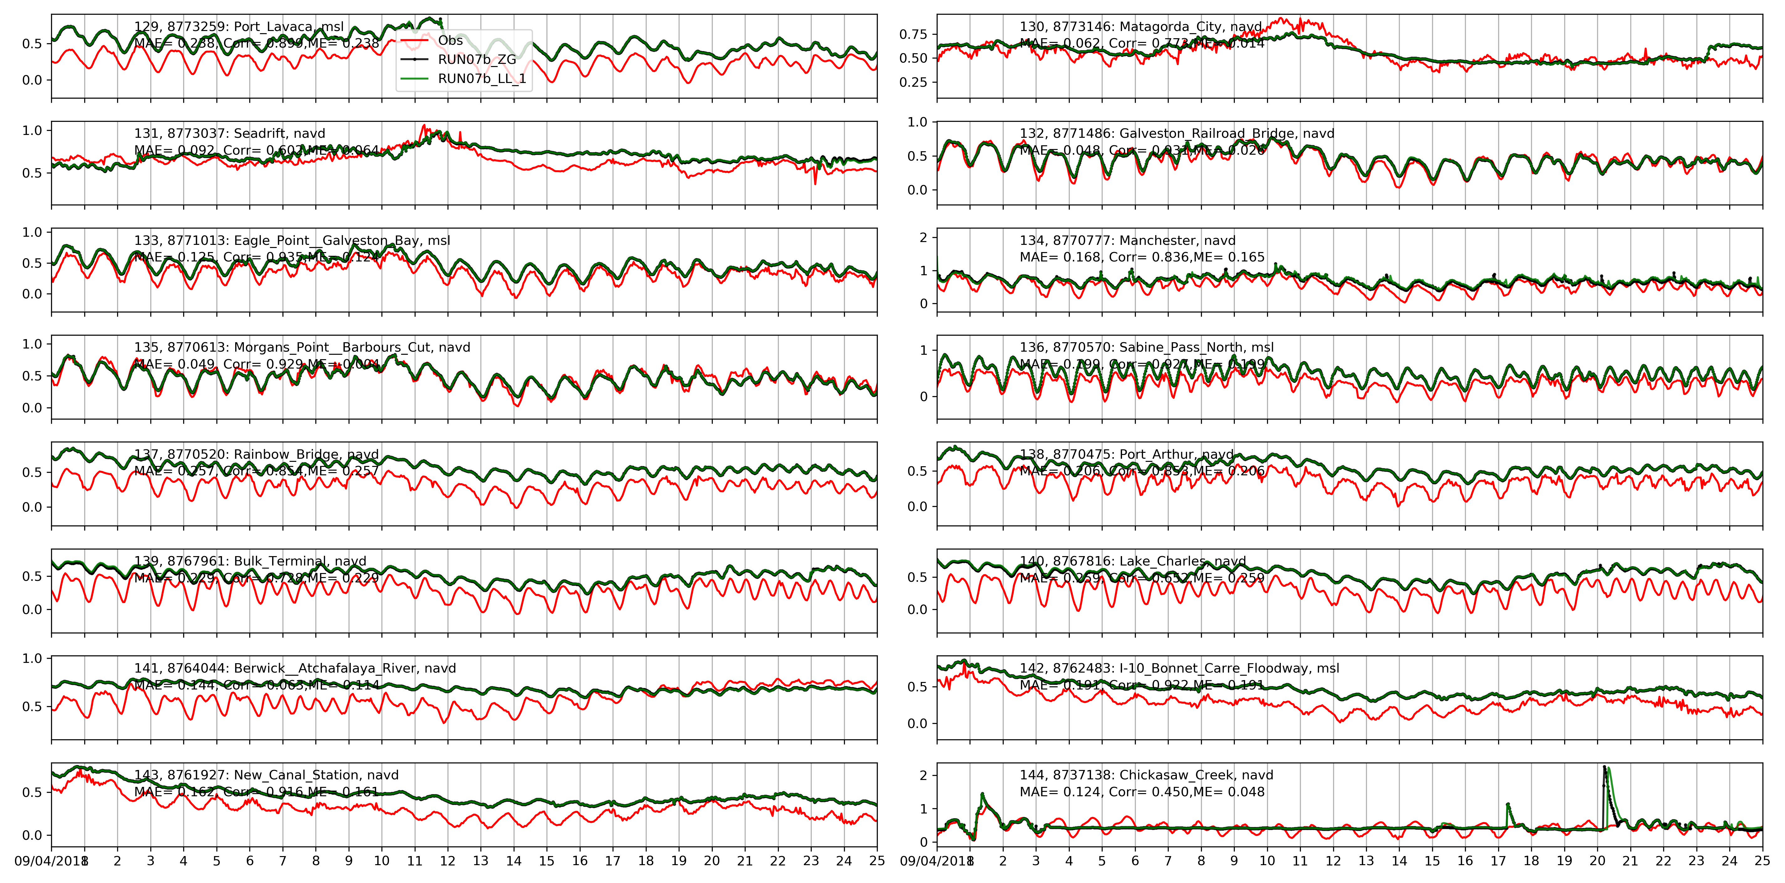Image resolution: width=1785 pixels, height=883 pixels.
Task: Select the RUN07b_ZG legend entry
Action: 477,59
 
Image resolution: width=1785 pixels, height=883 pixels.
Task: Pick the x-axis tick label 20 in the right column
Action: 1597,861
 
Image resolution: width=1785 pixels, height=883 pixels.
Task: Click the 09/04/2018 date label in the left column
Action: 49,861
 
